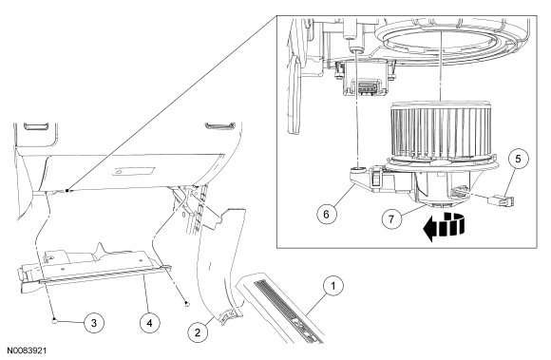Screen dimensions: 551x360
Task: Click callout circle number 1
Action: pyautogui.click(x=332, y=286)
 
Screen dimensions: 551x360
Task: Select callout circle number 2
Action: pyautogui.click(x=198, y=332)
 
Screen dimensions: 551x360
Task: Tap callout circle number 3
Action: pyautogui.click(x=94, y=322)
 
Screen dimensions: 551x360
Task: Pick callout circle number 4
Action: pyautogui.click(x=150, y=322)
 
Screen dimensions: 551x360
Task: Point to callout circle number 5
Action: pyautogui.click(x=519, y=159)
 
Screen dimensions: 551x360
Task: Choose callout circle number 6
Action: pyautogui.click(x=327, y=214)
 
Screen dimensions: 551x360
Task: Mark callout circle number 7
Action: pyautogui.click(x=391, y=218)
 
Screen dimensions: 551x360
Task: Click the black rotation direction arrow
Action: pyautogui.click(x=444, y=226)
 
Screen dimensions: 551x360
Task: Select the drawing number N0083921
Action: pyautogui.click(x=27, y=351)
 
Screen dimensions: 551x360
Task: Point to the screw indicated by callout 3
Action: pyautogui.click(x=54, y=319)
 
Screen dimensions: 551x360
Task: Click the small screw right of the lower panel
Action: pyautogui.click(x=187, y=303)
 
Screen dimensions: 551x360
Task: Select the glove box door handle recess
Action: pyautogui.click(x=134, y=171)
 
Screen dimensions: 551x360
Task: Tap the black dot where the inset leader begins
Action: pyautogui.click(x=66, y=190)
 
